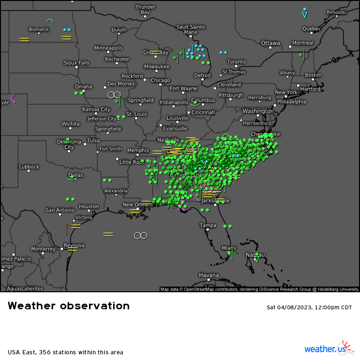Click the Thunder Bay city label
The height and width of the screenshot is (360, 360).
point(145,9)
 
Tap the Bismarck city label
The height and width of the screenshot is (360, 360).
point(39,29)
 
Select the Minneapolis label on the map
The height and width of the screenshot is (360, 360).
point(108,48)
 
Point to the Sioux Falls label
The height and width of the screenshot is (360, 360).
point(77,63)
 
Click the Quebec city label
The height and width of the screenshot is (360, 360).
point(312,28)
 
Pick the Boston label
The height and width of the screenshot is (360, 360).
point(313,75)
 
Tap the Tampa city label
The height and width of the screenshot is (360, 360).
point(208,225)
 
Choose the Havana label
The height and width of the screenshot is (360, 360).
point(209,275)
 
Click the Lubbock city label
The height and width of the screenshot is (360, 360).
point(29,167)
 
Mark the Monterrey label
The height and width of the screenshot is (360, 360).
point(43,249)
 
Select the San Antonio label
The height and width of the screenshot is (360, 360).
point(60,210)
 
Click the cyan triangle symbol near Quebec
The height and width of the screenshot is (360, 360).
point(305,15)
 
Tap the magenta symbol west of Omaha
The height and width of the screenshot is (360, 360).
point(13,98)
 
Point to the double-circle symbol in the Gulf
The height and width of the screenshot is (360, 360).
point(141,235)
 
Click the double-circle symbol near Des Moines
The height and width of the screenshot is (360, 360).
point(114,95)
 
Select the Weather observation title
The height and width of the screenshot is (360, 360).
point(69,306)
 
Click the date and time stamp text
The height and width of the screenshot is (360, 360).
point(309,307)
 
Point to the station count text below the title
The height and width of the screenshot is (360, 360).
point(65,352)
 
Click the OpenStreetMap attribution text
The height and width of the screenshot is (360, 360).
point(260,289)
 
